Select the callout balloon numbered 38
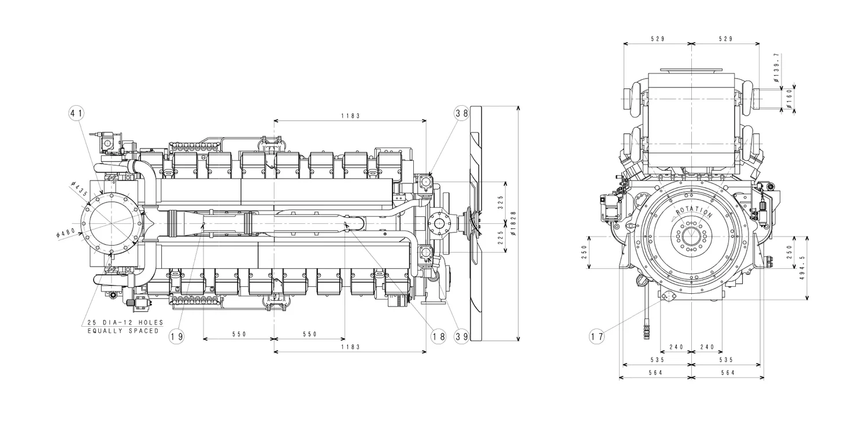pos(461,113)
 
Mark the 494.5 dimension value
pos(801,268)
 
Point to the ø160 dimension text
pos(790,99)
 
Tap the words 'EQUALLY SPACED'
pos(123,331)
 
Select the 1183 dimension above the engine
pos(350,116)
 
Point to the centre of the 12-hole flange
pos(111,223)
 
